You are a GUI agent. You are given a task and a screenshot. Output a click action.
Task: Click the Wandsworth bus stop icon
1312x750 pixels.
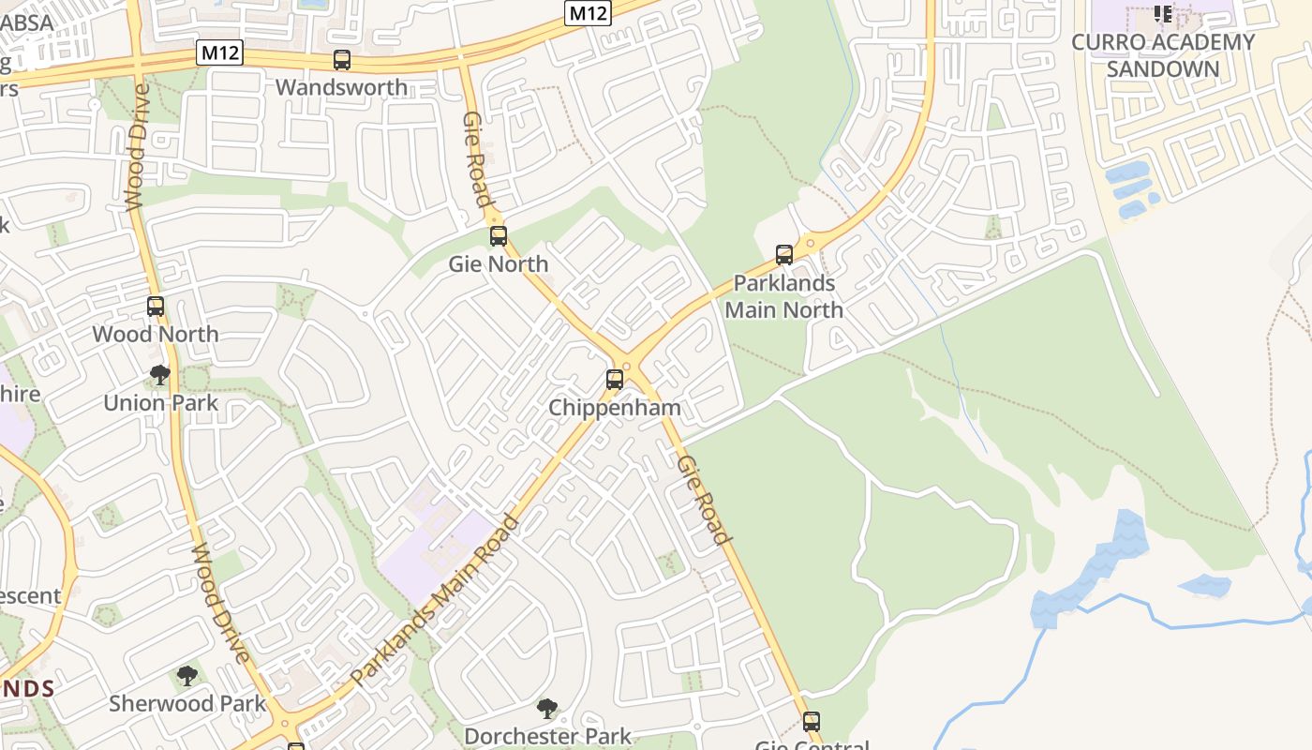pos(342,60)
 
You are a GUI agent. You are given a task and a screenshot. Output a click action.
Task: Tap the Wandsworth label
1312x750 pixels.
pos(342,87)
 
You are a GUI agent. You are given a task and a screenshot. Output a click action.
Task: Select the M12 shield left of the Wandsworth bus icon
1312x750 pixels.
pos(220,52)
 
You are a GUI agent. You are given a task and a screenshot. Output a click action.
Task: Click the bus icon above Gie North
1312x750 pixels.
pos(499,236)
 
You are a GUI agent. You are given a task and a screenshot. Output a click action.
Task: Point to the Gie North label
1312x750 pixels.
pos(499,263)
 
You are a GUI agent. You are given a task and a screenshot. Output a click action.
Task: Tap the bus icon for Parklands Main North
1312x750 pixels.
pos(784,255)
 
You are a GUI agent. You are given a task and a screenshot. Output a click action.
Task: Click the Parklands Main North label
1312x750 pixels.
pos(784,296)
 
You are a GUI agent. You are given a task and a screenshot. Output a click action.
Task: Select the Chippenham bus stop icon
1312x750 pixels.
pos(615,380)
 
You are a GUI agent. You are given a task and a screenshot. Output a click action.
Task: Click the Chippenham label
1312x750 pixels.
pos(615,408)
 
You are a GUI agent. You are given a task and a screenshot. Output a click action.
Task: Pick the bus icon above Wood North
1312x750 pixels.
pos(156,307)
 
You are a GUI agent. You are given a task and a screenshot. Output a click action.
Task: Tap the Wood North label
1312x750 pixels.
pos(156,334)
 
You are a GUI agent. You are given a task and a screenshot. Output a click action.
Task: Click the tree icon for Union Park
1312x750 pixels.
pos(160,376)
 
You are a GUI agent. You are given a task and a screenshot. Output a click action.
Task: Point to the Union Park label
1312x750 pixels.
pos(160,403)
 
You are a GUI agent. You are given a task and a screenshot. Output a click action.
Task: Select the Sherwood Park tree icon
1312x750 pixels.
pos(187,676)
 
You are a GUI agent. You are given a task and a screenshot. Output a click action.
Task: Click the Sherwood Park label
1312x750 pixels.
pos(187,703)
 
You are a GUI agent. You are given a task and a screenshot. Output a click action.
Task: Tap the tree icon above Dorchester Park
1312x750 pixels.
pos(547,709)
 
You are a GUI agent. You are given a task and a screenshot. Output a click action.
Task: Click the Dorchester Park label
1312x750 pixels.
pos(547,736)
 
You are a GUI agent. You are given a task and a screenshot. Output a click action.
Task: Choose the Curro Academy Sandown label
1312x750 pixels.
pos(1163,55)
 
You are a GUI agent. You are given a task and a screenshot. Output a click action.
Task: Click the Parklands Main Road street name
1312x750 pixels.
pos(434,600)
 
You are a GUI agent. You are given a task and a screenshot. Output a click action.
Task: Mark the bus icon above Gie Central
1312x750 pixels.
pos(812,722)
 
